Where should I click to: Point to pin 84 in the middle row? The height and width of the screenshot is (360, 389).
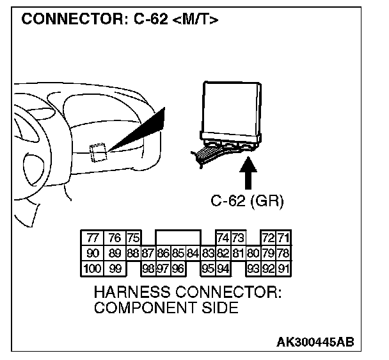pyautogui.click(x=193, y=252)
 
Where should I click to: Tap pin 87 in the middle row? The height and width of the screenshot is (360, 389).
pyautogui.click(x=148, y=252)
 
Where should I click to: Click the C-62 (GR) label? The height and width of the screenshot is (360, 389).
pyautogui.click(x=247, y=200)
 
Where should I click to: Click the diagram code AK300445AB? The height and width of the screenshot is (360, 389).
pyautogui.click(x=315, y=343)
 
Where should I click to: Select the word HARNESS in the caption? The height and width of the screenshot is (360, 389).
pyautogui.click(x=131, y=293)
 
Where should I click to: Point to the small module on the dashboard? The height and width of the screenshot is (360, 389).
pyautogui.click(x=98, y=152)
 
